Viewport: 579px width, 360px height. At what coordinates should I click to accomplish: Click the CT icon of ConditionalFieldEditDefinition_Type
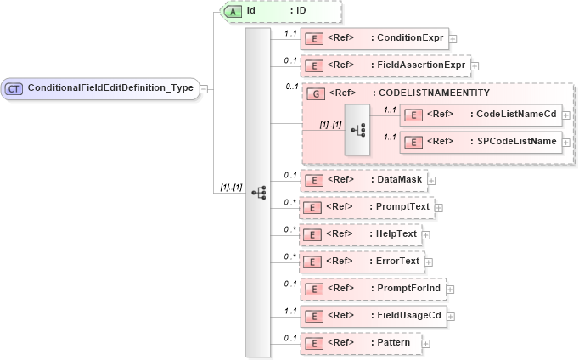(14, 87)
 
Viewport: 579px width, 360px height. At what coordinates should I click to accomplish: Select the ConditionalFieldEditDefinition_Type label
(110, 87)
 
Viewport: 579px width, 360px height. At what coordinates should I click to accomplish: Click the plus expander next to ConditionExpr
(453, 38)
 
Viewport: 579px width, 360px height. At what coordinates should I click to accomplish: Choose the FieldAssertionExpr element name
(421, 65)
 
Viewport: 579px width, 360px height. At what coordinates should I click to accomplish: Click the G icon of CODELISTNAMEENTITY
(315, 93)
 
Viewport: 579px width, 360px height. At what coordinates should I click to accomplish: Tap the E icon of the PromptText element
(313, 206)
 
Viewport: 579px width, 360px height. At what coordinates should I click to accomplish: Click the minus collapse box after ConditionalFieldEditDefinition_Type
(205, 87)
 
